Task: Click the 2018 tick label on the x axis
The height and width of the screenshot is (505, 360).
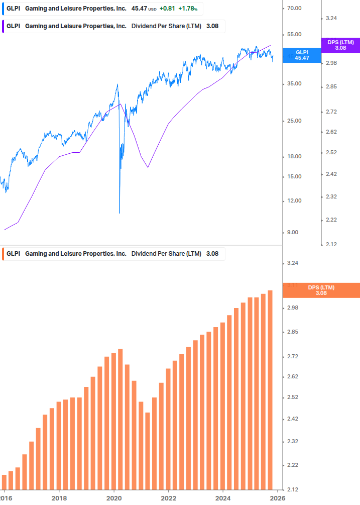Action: tap(59, 498)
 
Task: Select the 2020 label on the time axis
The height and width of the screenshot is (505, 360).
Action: tap(114, 498)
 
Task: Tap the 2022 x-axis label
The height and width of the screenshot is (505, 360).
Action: tap(169, 498)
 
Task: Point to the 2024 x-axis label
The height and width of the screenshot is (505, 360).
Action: tap(223, 498)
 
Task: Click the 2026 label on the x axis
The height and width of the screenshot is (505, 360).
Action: tap(278, 498)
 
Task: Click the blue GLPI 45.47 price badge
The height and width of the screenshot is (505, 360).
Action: tap(302, 55)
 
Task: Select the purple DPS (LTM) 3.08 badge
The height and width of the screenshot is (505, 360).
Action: tap(340, 45)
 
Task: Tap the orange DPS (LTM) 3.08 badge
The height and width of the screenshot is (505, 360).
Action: tap(321, 290)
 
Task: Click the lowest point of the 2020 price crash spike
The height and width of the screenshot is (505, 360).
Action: tap(119, 213)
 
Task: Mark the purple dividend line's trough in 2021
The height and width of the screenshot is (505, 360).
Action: tap(148, 167)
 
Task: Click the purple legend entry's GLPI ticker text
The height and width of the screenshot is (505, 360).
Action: tap(13, 26)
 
